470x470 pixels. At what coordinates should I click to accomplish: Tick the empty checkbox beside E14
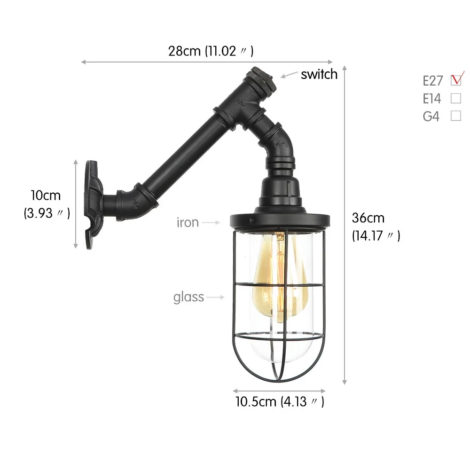(x=456, y=98)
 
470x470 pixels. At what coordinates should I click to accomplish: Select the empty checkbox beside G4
(x=456, y=116)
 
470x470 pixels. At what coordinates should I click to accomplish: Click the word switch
(x=319, y=74)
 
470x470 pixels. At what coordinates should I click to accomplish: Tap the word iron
(x=188, y=222)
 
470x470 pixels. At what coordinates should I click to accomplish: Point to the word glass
(x=188, y=298)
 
